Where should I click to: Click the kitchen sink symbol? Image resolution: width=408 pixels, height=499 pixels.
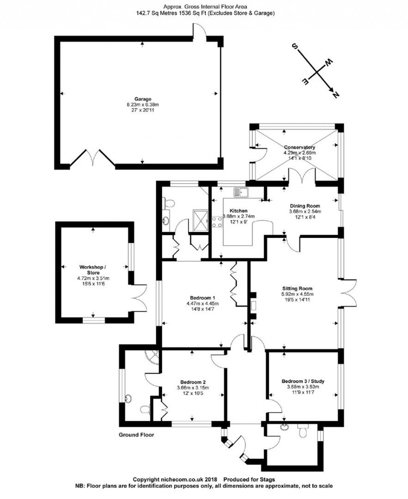pos(241,193)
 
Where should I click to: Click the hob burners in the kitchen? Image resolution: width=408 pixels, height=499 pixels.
pos(218,222)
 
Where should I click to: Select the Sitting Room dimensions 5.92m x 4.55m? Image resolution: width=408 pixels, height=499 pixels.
pos(297,294)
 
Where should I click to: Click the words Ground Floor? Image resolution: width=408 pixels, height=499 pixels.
pos(136,435)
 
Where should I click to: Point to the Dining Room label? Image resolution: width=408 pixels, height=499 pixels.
pos(305,206)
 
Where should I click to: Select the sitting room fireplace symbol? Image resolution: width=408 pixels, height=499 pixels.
pos(253,306)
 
